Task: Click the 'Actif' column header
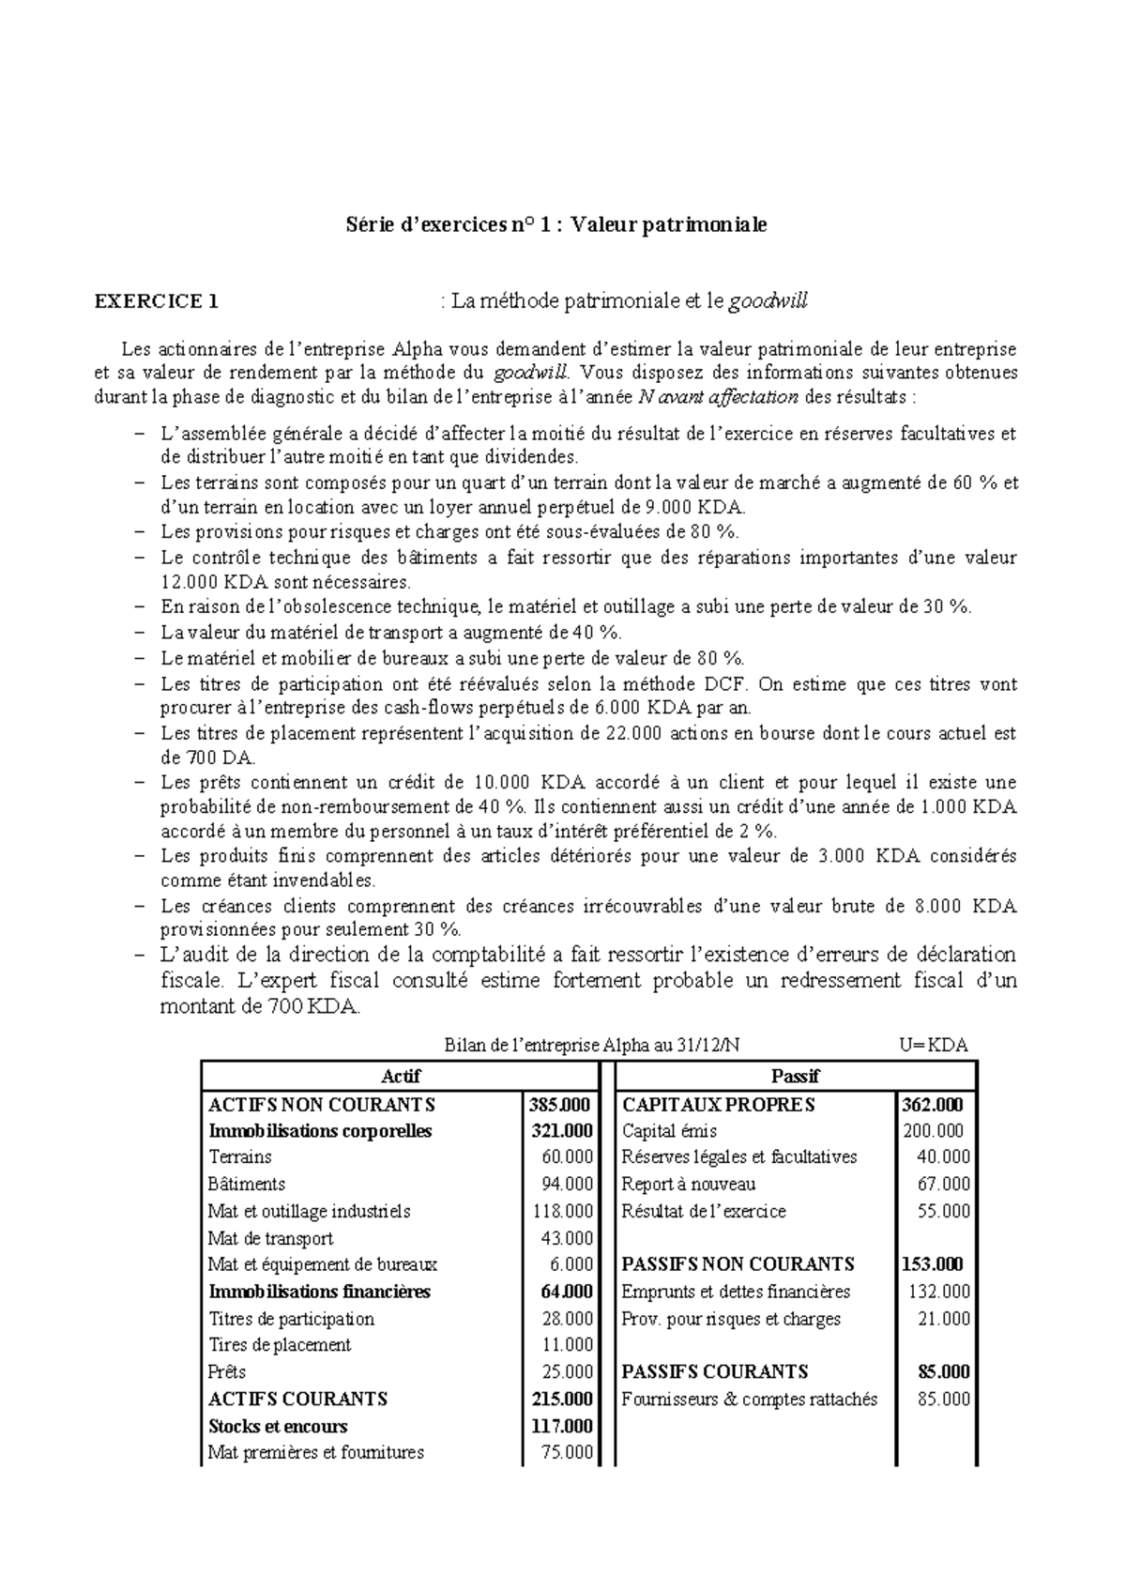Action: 402,1076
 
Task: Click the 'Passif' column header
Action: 795,1076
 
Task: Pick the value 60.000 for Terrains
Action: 567,1157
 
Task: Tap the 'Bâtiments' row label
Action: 246,1185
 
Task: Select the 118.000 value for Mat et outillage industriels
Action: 562,1212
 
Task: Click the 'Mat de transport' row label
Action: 270,1239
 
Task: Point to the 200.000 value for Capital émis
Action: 933,1131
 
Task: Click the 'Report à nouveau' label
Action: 688,1185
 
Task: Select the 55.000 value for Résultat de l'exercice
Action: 942,1212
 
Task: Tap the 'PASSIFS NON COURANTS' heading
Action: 738,1264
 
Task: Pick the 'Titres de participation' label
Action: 291,1319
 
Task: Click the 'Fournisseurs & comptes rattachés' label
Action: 749,1400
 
